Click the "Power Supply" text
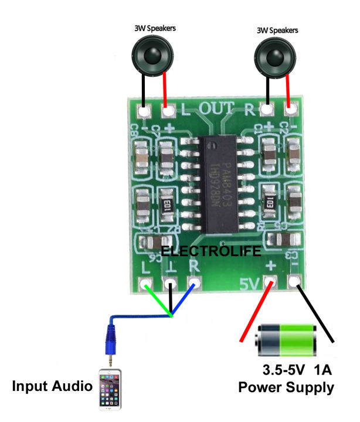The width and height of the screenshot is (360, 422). click(x=286, y=387)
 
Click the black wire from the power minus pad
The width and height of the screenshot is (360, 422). click(x=317, y=314)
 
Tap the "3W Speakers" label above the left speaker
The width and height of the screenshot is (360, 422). click(x=154, y=28)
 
